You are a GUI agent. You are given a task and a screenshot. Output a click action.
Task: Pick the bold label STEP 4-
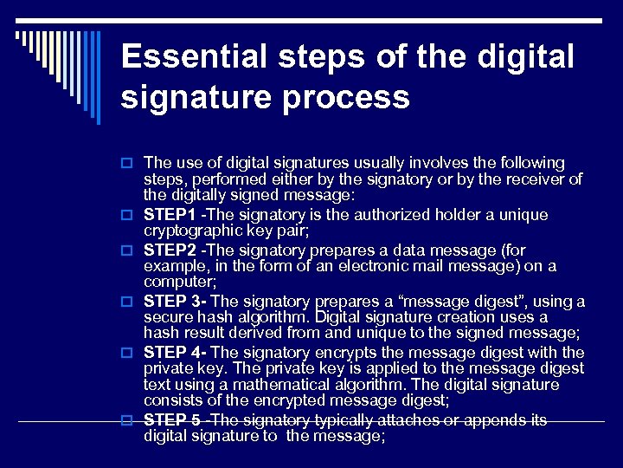175,353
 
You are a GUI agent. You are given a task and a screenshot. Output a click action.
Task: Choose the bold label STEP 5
172,420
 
